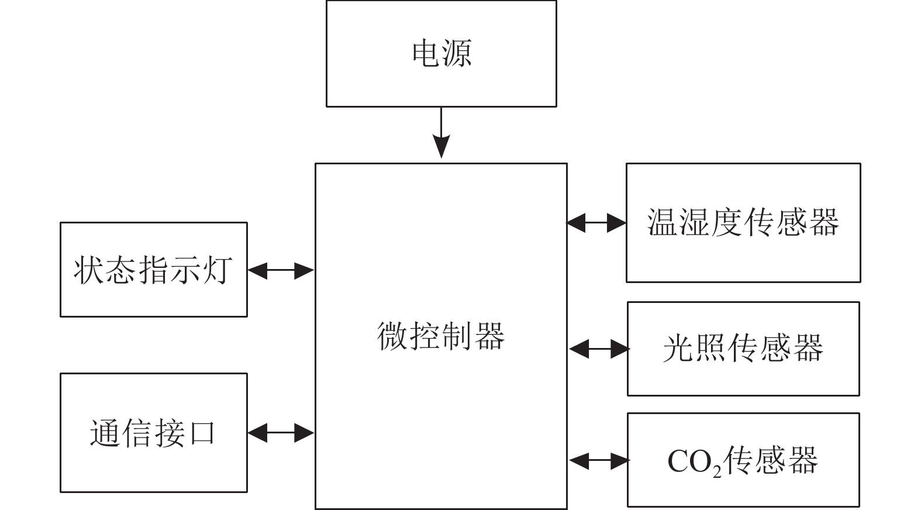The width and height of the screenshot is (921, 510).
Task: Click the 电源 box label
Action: [441, 53]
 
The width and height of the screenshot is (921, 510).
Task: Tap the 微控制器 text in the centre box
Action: [440, 336]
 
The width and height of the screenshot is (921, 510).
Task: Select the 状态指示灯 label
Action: [153, 270]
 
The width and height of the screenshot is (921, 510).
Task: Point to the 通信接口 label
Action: [153, 433]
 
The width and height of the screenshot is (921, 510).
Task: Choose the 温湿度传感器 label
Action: [743, 222]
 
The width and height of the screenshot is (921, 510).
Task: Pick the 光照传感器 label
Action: [743, 349]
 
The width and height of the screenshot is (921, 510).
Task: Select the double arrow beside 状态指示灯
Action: [281, 270]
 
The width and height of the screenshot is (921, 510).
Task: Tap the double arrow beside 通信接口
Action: [281, 433]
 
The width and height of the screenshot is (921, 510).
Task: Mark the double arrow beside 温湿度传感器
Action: [596, 222]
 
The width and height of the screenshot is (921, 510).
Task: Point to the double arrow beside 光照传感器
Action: [598, 349]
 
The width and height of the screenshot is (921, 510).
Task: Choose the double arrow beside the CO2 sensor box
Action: [598, 461]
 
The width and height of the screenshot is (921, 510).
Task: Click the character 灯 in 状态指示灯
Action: [218, 270]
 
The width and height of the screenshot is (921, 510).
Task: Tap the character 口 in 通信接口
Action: [202, 433]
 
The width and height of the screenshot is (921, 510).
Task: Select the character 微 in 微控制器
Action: [392, 336]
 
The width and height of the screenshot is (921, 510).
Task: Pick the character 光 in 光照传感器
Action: [678, 349]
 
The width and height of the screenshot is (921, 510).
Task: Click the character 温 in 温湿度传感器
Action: [663, 222]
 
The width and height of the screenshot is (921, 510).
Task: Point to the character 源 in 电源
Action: [457, 53]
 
